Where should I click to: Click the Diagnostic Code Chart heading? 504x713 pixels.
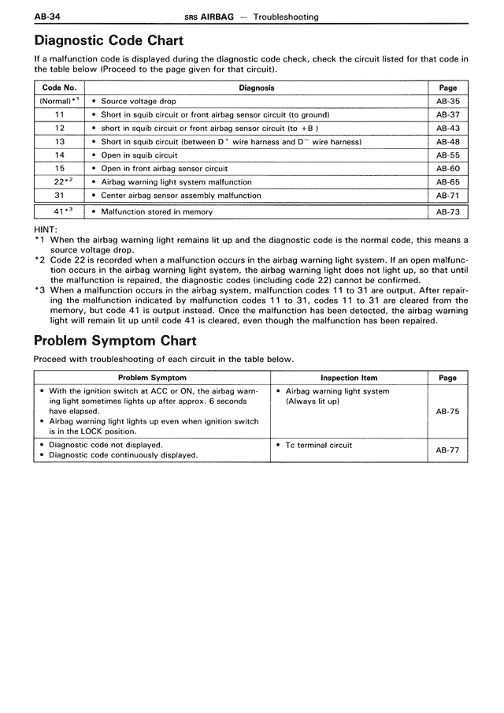pyautogui.click(x=109, y=40)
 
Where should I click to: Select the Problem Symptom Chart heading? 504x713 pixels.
pyautogui.click(x=115, y=341)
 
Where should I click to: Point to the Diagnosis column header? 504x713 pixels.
pyautogui.click(x=257, y=88)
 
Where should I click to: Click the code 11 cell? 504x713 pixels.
pyautogui.click(x=59, y=114)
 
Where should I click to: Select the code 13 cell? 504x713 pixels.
pyautogui.click(x=59, y=141)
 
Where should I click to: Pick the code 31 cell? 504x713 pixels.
pyautogui.click(x=59, y=195)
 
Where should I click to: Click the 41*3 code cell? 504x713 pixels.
pyautogui.click(x=59, y=211)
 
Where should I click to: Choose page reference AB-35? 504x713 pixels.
pyautogui.click(x=447, y=101)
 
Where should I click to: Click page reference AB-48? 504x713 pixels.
pyautogui.click(x=447, y=141)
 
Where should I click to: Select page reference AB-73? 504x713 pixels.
pyautogui.click(x=447, y=211)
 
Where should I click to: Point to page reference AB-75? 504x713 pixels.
pyautogui.click(x=447, y=411)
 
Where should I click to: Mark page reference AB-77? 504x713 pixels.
pyautogui.click(x=447, y=450)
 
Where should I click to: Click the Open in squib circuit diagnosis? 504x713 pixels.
pyautogui.click(x=139, y=155)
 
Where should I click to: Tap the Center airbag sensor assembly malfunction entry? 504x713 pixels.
pyautogui.click(x=180, y=195)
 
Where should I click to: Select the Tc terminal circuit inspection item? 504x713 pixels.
pyautogui.click(x=318, y=445)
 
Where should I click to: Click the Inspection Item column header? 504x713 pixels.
pyautogui.click(x=349, y=378)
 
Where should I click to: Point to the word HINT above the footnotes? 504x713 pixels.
pyautogui.click(x=46, y=230)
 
